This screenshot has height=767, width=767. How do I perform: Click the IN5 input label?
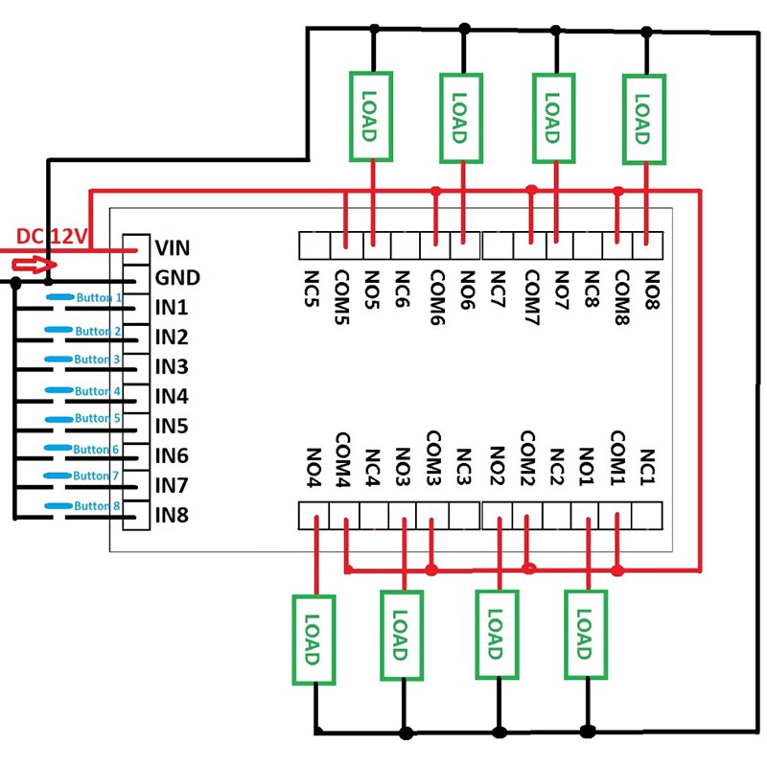(172, 427)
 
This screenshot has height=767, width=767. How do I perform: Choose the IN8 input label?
(172, 516)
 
